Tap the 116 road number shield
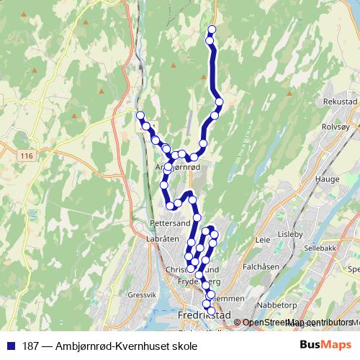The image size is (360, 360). coord(28,156)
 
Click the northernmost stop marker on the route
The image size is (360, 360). coord(212,30)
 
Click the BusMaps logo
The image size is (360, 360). coord(329,344)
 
